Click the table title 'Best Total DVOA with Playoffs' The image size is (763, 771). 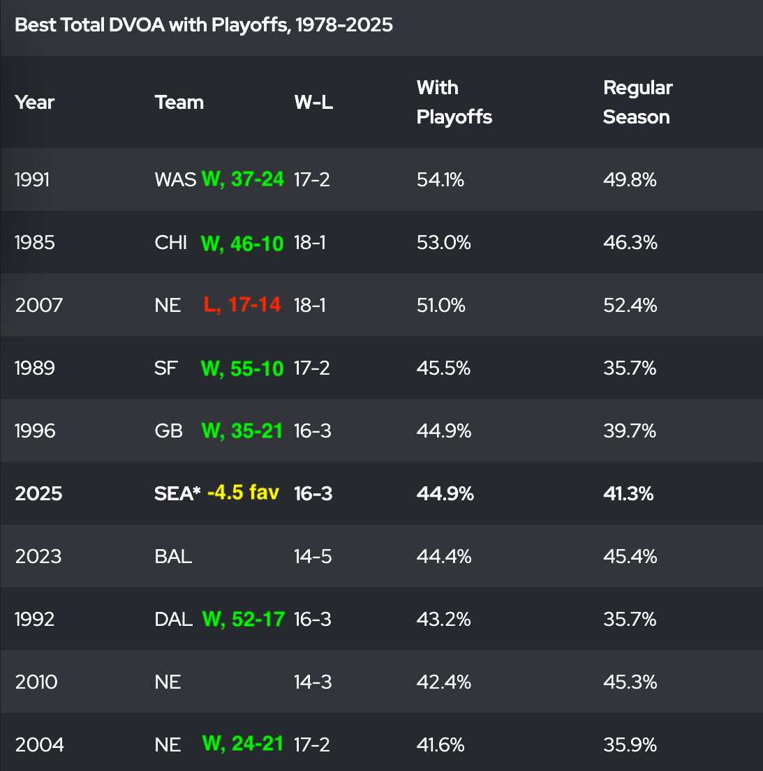pyautogui.click(x=203, y=25)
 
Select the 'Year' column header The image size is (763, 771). pyautogui.click(x=34, y=103)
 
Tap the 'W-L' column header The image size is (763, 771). pyautogui.click(x=313, y=103)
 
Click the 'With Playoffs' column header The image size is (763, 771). pyautogui.click(x=454, y=103)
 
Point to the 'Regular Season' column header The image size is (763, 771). pyautogui.click(x=637, y=103)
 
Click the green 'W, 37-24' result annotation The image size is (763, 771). pyautogui.click(x=242, y=179)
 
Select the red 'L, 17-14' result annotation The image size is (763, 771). pyautogui.click(x=242, y=305)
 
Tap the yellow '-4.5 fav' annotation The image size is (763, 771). pyautogui.click(x=243, y=493)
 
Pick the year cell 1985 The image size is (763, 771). pyautogui.click(x=34, y=243)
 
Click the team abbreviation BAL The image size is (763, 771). pyautogui.click(x=173, y=557)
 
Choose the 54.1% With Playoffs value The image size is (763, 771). pyautogui.click(x=440, y=180)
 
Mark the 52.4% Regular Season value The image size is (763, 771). pyautogui.click(x=630, y=306)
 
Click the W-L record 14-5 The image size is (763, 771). pyautogui.click(x=313, y=557)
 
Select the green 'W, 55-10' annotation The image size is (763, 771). pyautogui.click(x=242, y=368)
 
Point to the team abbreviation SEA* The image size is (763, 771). pyautogui.click(x=177, y=494)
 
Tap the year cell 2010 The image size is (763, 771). pyautogui.click(x=36, y=682)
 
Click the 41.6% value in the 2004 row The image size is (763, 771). pyautogui.click(x=440, y=745)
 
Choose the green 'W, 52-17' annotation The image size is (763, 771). pyautogui.click(x=243, y=619)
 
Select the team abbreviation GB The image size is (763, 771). pyautogui.click(x=168, y=431)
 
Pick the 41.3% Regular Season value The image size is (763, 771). pyautogui.click(x=628, y=494)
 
